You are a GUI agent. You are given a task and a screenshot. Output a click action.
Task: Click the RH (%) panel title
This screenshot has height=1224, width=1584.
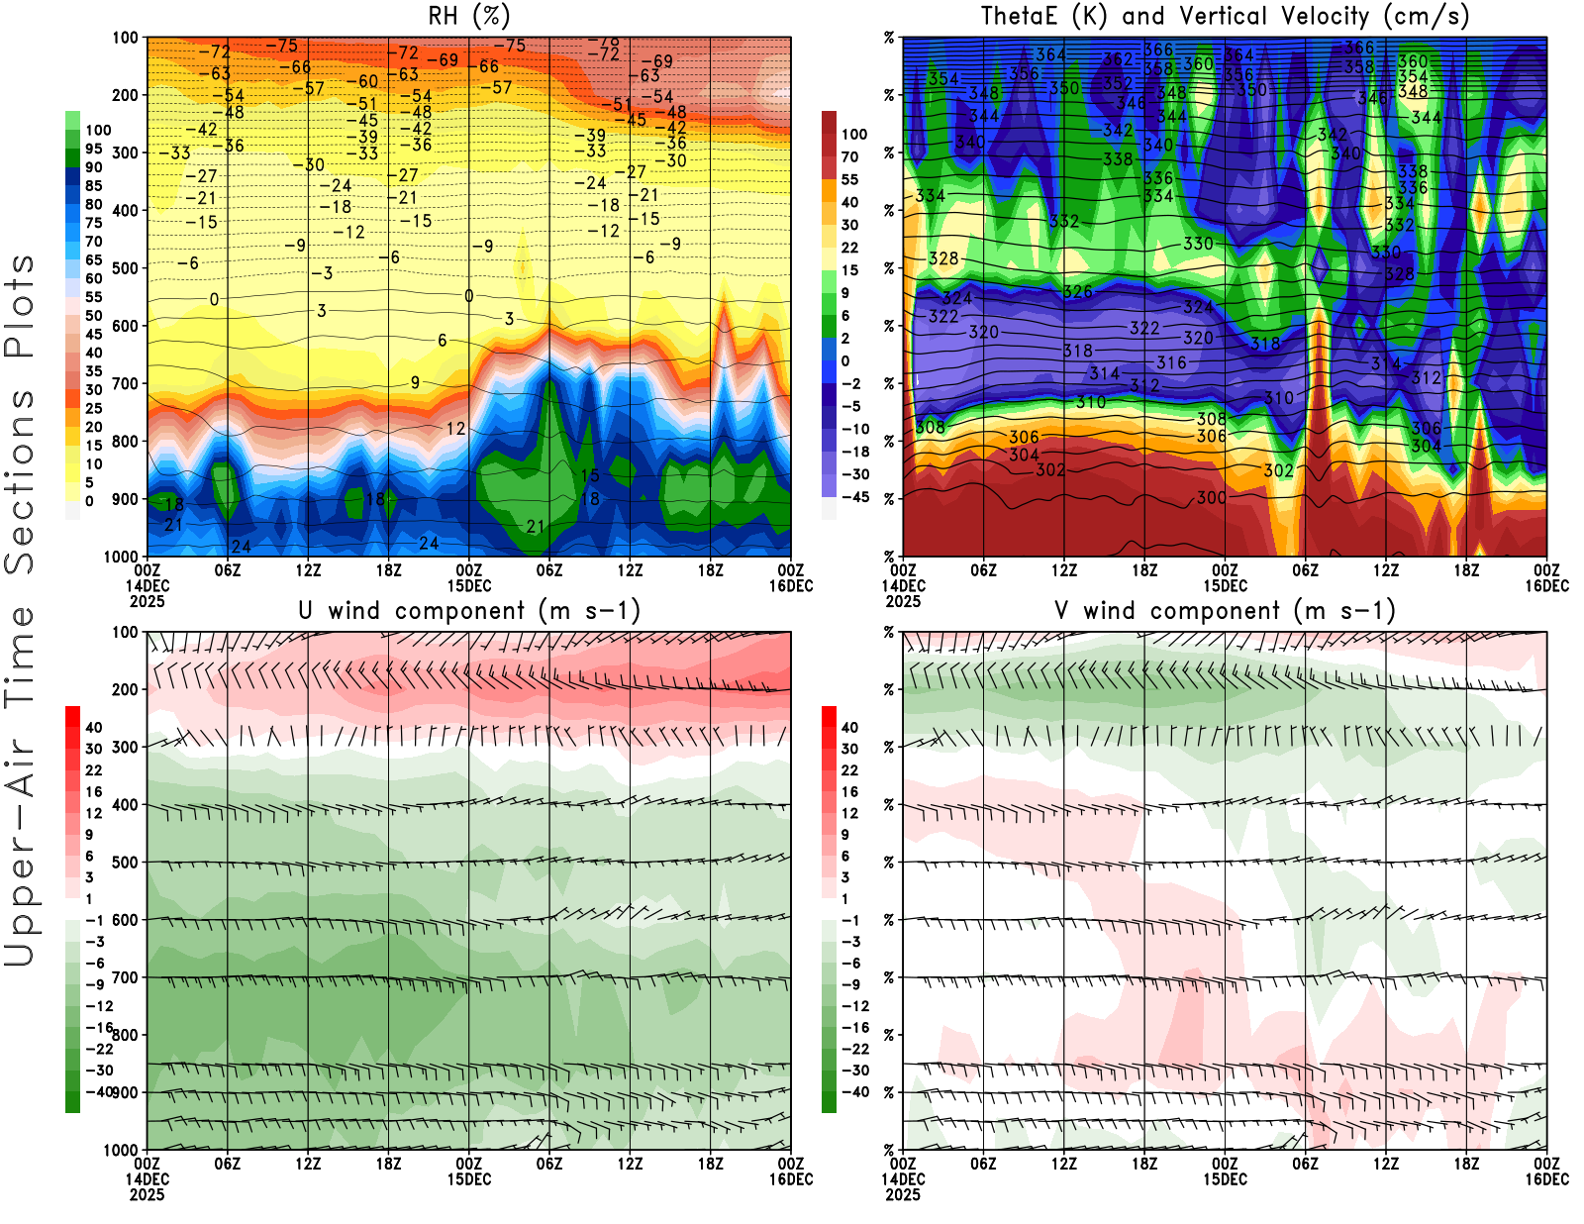(468, 16)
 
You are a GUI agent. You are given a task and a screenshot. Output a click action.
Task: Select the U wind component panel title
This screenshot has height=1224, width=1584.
(469, 610)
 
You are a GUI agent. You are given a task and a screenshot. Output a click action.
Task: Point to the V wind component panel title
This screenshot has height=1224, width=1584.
(1225, 610)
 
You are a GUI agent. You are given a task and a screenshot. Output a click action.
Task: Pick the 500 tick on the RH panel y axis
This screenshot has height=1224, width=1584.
(125, 267)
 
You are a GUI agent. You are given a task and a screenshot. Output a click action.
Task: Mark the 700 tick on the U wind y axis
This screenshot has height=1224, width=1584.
(125, 977)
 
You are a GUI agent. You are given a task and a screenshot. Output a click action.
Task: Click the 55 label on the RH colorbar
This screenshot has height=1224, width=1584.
(93, 297)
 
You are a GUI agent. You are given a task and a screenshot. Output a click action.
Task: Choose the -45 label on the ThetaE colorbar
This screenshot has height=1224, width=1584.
(854, 497)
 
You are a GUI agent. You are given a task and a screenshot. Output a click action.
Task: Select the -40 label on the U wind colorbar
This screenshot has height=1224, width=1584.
(100, 1091)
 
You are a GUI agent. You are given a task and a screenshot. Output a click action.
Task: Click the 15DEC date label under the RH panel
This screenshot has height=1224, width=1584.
(469, 585)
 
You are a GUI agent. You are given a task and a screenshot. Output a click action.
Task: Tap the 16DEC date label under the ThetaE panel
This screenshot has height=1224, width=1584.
(1546, 585)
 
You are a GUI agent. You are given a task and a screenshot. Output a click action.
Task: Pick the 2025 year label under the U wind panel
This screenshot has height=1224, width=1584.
(147, 1194)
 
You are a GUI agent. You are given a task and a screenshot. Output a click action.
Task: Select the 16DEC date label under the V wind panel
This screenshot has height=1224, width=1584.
(1546, 1179)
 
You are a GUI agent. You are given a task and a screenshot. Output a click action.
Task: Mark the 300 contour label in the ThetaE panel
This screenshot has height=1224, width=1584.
(1211, 497)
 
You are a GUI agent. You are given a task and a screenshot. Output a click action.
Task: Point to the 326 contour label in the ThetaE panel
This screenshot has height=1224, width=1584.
(1077, 292)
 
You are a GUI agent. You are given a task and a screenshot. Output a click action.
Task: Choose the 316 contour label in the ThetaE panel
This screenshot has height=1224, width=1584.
(1171, 362)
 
